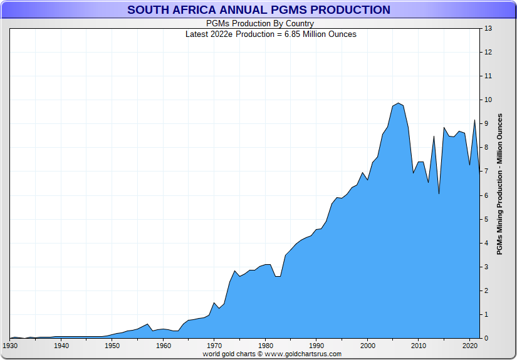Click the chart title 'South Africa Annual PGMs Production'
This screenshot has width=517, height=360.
(258, 10)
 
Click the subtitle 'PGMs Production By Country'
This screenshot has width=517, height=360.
(260, 24)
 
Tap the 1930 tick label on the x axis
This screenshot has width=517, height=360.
(10, 346)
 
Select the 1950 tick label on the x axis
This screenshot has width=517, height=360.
(112, 346)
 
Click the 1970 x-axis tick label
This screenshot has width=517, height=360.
(214, 346)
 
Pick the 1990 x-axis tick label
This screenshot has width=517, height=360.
(316, 346)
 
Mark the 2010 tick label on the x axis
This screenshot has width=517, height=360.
(419, 346)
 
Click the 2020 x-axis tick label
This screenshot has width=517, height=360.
(470, 346)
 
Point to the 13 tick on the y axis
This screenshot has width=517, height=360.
(488, 29)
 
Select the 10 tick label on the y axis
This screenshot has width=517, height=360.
(488, 100)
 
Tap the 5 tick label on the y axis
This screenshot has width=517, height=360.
(486, 219)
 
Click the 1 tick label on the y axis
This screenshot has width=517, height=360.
(486, 314)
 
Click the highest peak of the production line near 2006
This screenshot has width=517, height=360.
(399, 103)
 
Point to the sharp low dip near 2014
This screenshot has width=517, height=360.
(439, 193)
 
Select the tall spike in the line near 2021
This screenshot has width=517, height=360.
(474, 120)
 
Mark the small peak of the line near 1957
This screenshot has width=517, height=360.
(148, 324)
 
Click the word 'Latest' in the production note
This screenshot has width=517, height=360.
(198, 34)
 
